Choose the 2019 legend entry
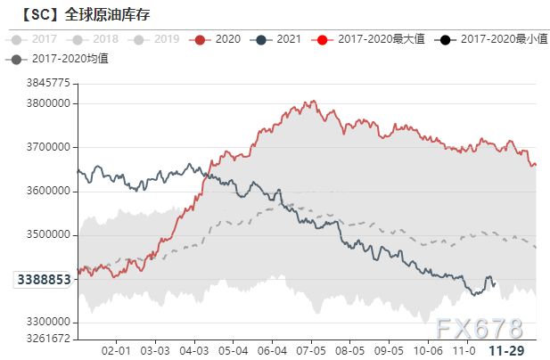158,39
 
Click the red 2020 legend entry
220,39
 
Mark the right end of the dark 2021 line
494,283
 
